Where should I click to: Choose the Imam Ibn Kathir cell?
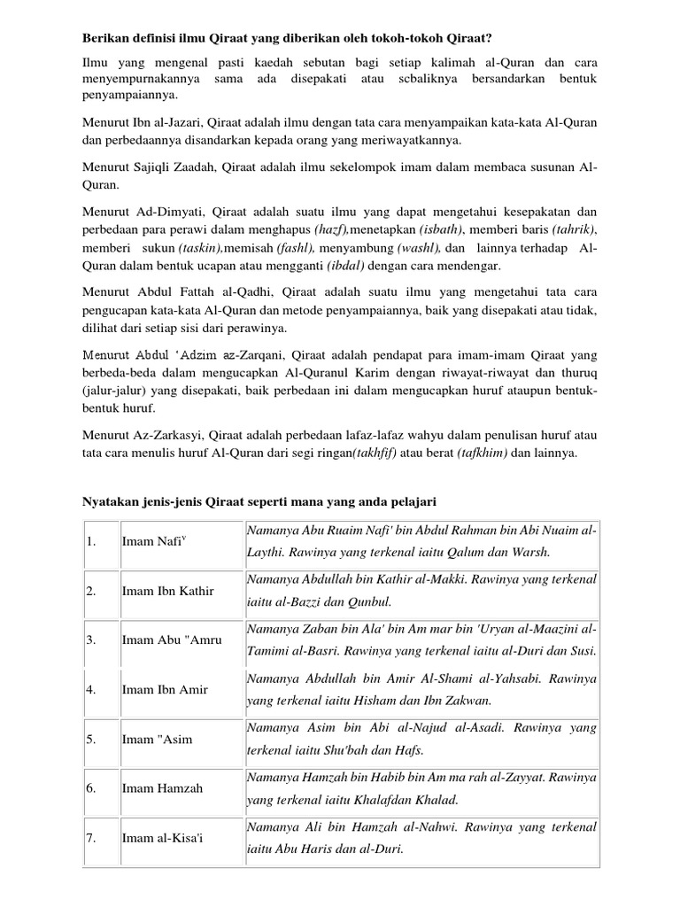click(168, 590)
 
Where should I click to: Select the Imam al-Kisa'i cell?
click(163, 837)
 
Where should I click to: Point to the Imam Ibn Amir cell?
click(164, 688)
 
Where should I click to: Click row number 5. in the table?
click(91, 738)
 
